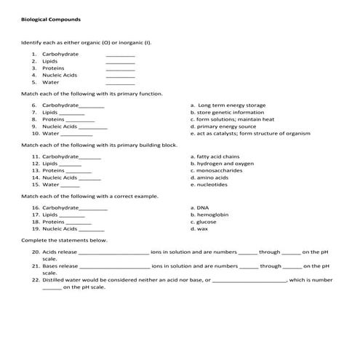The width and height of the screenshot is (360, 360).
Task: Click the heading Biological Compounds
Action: click(x=51, y=19)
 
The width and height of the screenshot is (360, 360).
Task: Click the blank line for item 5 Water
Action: click(x=120, y=83)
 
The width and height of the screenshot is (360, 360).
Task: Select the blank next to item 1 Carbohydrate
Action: click(x=120, y=55)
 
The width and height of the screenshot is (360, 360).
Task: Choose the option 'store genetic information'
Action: click(x=227, y=113)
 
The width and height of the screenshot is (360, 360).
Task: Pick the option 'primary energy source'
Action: click(x=223, y=127)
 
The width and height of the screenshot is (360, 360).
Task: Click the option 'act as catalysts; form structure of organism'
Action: click(x=250, y=134)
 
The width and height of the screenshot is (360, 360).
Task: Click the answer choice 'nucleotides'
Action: click(x=212, y=185)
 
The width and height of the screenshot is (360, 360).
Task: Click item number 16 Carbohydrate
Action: click(x=60, y=208)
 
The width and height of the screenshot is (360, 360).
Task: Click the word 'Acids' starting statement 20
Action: click(x=49, y=252)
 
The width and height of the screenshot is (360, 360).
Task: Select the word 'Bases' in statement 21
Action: click(x=49, y=266)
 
